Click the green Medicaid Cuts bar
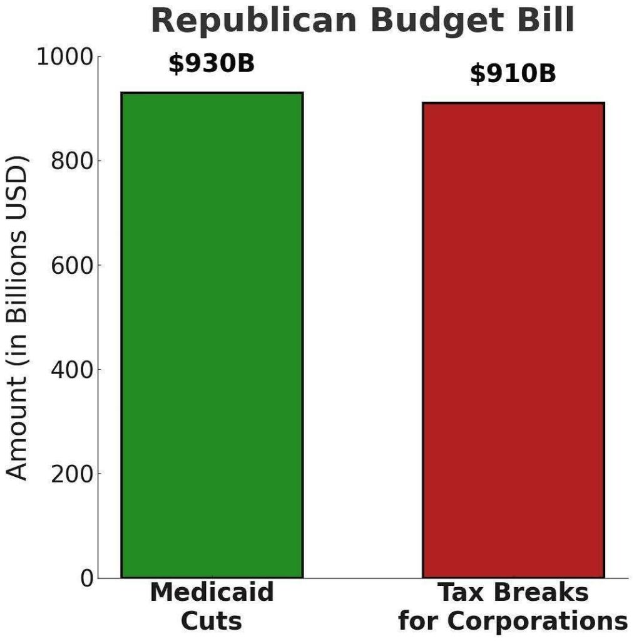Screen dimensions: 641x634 click(x=212, y=335)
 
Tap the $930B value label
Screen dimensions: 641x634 click(x=212, y=63)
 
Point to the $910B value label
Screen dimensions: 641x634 click(x=513, y=74)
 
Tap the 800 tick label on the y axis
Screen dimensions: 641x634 click(x=73, y=161)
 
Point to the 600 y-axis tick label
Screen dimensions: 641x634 click(x=73, y=265)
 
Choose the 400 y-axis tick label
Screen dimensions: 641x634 click(x=73, y=369)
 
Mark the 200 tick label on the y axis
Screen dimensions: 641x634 click(x=73, y=473)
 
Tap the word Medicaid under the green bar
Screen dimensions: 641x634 click(x=212, y=593)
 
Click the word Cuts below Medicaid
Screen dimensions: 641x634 click(x=212, y=622)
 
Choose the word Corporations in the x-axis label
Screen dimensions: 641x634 click(x=536, y=622)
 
